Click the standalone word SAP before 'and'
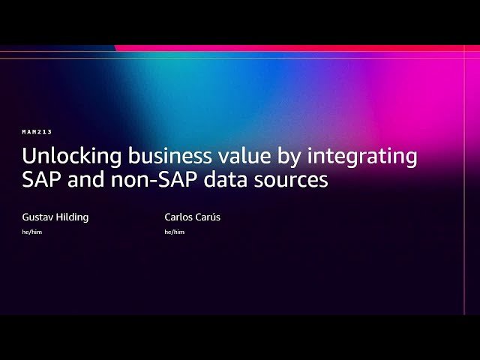click(x=40, y=181)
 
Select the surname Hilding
click(x=73, y=217)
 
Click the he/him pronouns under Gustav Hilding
click(x=32, y=232)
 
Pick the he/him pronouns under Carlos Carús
click(x=175, y=232)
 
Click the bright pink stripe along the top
click(x=300, y=48)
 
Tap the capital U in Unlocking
click(x=28, y=157)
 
